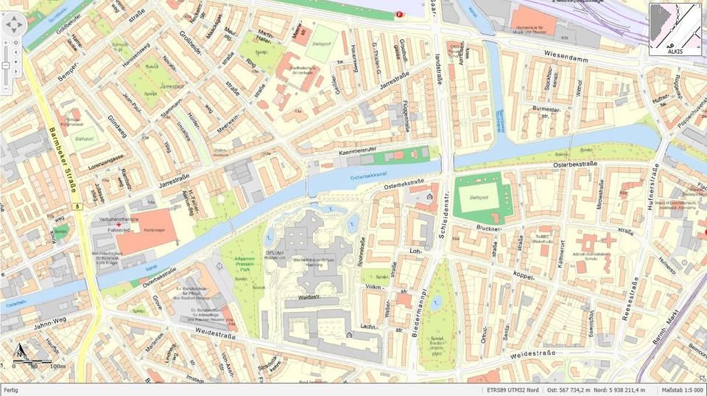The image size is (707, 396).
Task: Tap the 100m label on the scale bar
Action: point(57,366)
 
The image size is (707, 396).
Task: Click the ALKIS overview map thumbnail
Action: point(675,29)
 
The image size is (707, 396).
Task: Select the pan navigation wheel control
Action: point(14,26)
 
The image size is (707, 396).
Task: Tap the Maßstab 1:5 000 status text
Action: point(682,390)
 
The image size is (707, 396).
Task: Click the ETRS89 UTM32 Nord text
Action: point(513,390)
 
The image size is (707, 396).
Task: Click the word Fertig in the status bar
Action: point(12,390)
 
